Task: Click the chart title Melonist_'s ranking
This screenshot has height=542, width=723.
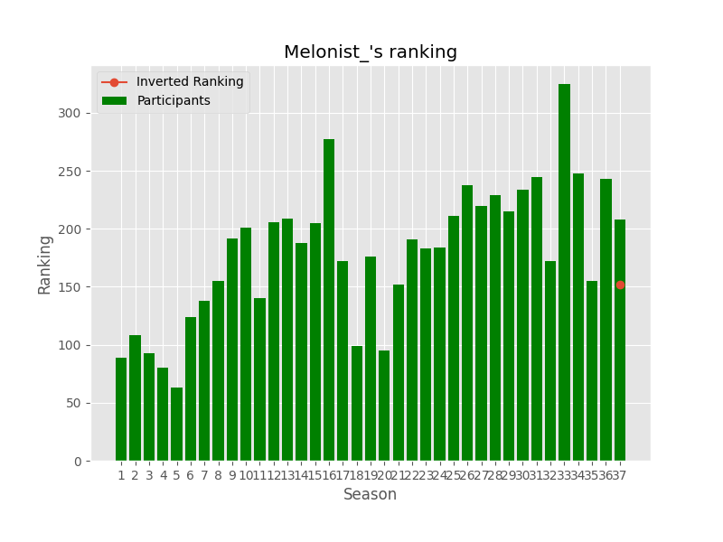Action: [371, 52]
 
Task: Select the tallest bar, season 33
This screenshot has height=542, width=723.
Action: [564, 271]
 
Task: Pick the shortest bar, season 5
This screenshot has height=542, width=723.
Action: [176, 425]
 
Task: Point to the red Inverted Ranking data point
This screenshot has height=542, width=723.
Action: [620, 285]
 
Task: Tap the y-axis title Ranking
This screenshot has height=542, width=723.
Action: [45, 264]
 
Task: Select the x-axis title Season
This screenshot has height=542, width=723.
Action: [370, 495]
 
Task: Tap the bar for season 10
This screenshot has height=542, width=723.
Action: [246, 344]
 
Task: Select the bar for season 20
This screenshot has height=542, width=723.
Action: [384, 406]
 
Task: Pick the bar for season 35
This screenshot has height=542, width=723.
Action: [592, 370]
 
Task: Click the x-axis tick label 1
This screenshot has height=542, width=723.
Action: [121, 475]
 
